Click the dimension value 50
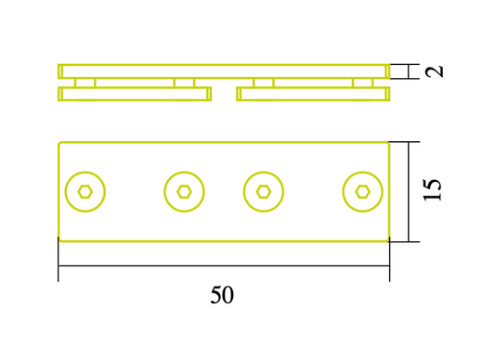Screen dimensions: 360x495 pos(222,295)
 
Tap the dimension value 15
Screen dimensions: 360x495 pos(433,190)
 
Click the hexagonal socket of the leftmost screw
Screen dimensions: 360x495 pos(85,191)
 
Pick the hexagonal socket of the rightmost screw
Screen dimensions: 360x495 pos(362,191)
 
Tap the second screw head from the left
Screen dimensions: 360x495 pos(184,191)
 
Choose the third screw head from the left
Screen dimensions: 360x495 pos(264,191)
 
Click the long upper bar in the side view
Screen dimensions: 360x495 pos(223,71)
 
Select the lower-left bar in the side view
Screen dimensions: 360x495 pos(135,94)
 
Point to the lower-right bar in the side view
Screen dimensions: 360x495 pos(313,94)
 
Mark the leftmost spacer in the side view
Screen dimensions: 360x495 pos(85,83)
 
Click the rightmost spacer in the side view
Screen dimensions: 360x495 pos(362,83)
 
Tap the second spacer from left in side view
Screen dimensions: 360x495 pos(184,83)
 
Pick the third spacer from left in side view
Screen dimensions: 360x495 pos(264,83)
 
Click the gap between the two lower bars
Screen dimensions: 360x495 pos(224,94)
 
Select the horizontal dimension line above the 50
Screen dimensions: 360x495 pos(223,265)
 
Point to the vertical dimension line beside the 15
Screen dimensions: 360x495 pos(409,191)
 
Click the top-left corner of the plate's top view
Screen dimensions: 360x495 pos(59,142)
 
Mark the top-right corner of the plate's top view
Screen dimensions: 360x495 pos(388,142)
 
